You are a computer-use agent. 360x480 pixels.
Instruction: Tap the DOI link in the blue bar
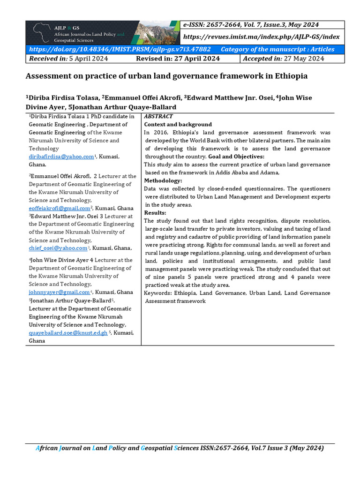pyautogui.click(x=120, y=49)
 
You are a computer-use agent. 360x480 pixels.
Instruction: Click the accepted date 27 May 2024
pyautogui.click(x=298, y=59)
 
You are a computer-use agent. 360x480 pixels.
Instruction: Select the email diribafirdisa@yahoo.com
pyautogui.click(x=61, y=157)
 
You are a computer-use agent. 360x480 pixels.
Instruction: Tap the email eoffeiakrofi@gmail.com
pyautogui.click(x=59, y=208)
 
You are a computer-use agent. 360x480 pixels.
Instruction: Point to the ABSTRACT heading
pyautogui.click(x=158, y=116)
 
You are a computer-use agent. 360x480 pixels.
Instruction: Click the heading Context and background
pyautogui.click(x=178, y=125)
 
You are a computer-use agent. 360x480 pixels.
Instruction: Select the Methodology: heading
pyautogui.click(x=163, y=180)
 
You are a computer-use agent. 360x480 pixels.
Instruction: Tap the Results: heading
pyautogui.click(x=155, y=213)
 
